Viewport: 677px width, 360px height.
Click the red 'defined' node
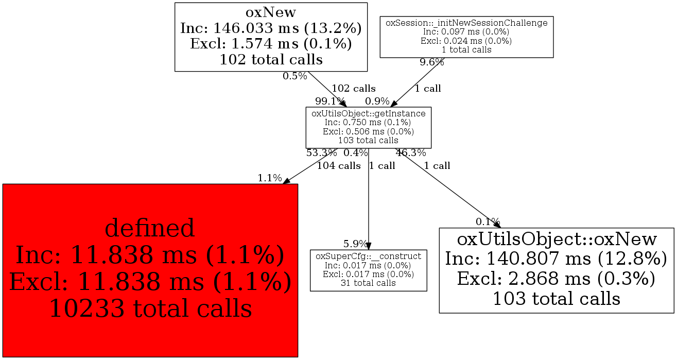point(150,270)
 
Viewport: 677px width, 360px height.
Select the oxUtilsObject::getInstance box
point(369,127)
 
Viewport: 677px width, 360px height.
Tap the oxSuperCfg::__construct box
point(369,270)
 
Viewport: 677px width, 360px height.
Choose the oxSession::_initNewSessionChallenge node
point(466,37)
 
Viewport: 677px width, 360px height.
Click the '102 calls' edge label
point(354,89)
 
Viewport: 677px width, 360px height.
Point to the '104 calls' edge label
point(339,166)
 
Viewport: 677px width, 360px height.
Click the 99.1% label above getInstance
point(330,101)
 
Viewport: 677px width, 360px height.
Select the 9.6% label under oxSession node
point(432,62)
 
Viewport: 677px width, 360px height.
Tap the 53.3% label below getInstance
point(322,153)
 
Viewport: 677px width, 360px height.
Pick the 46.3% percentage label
point(411,153)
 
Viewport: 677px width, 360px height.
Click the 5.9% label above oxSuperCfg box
point(355,244)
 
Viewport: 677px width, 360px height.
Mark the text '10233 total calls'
point(150,308)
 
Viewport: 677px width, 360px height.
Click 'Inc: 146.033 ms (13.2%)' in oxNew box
point(271,28)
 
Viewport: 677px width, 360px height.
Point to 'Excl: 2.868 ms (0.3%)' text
point(557,279)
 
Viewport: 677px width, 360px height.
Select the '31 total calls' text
point(369,283)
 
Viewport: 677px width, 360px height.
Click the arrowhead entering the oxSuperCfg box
point(369,246)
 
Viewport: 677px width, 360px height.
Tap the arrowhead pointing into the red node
point(286,181)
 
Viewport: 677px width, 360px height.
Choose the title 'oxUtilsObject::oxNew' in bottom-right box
point(557,239)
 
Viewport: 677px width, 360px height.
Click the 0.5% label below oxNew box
point(294,76)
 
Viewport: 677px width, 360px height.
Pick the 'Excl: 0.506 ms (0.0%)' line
point(369,131)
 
